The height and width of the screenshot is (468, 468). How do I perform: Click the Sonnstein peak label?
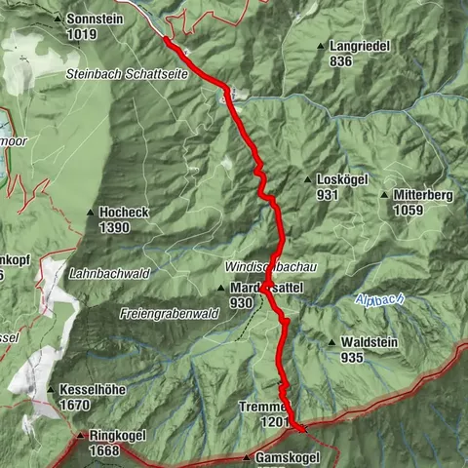click(x=95, y=19)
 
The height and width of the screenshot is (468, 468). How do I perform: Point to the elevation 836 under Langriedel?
click(x=340, y=60)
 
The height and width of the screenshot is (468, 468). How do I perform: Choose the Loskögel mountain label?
click(x=341, y=180)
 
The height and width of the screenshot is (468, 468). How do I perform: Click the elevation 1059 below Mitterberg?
click(x=410, y=209)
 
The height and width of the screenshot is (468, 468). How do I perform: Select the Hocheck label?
click(x=122, y=213)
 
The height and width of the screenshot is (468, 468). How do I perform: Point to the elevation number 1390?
click(x=115, y=226)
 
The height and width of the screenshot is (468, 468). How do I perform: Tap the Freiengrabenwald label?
click(x=167, y=314)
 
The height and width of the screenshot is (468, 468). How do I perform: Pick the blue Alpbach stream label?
click(x=380, y=301)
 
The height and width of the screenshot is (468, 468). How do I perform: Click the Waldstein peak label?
click(x=366, y=343)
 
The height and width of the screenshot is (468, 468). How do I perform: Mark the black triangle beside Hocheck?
click(x=91, y=213)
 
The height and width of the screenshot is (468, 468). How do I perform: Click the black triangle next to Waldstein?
click(x=332, y=343)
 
